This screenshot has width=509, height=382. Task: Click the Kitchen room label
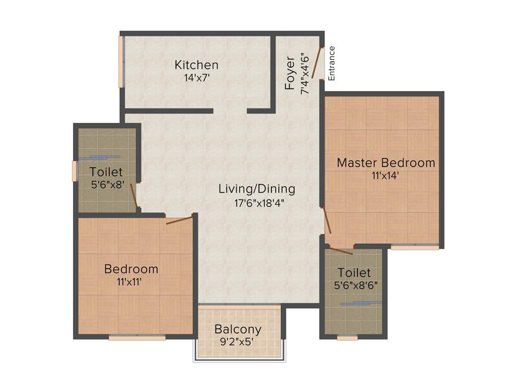[x=196, y=65]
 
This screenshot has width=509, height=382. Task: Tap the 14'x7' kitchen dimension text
[x=196, y=78]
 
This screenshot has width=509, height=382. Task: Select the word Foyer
[x=290, y=73]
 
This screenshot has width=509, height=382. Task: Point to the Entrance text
[x=332, y=63]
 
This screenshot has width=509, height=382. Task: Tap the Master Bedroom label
[x=386, y=163]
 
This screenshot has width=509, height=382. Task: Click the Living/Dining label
[x=257, y=189]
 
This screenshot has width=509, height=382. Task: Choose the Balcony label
[x=238, y=329]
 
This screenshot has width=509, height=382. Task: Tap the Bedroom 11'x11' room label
[x=131, y=269]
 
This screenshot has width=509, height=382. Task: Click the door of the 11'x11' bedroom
[x=179, y=220]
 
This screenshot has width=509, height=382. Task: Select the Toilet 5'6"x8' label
[x=106, y=172]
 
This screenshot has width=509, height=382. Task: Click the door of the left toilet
[x=133, y=195]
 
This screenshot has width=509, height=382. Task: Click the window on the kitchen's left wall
[x=121, y=62]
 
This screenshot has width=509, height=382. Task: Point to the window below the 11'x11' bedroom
[x=137, y=338]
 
